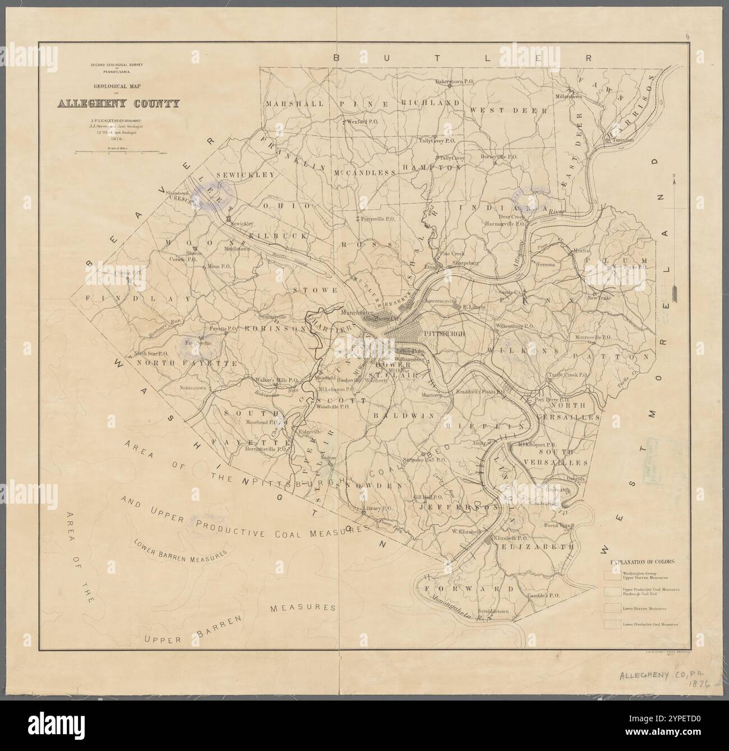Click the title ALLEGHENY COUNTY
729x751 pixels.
(118, 103)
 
